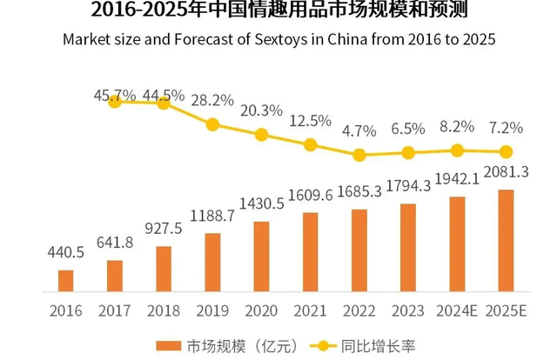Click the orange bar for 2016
click(66, 280)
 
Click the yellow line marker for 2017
click(115, 101)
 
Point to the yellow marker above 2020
click(261, 135)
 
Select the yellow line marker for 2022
click(359, 156)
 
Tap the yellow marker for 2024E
click(456, 150)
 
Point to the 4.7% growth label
click(359, 132)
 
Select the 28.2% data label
click(212, 99)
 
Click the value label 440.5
click(66, 253)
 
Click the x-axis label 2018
click(164, 310)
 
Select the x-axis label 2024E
click(456, 310)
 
